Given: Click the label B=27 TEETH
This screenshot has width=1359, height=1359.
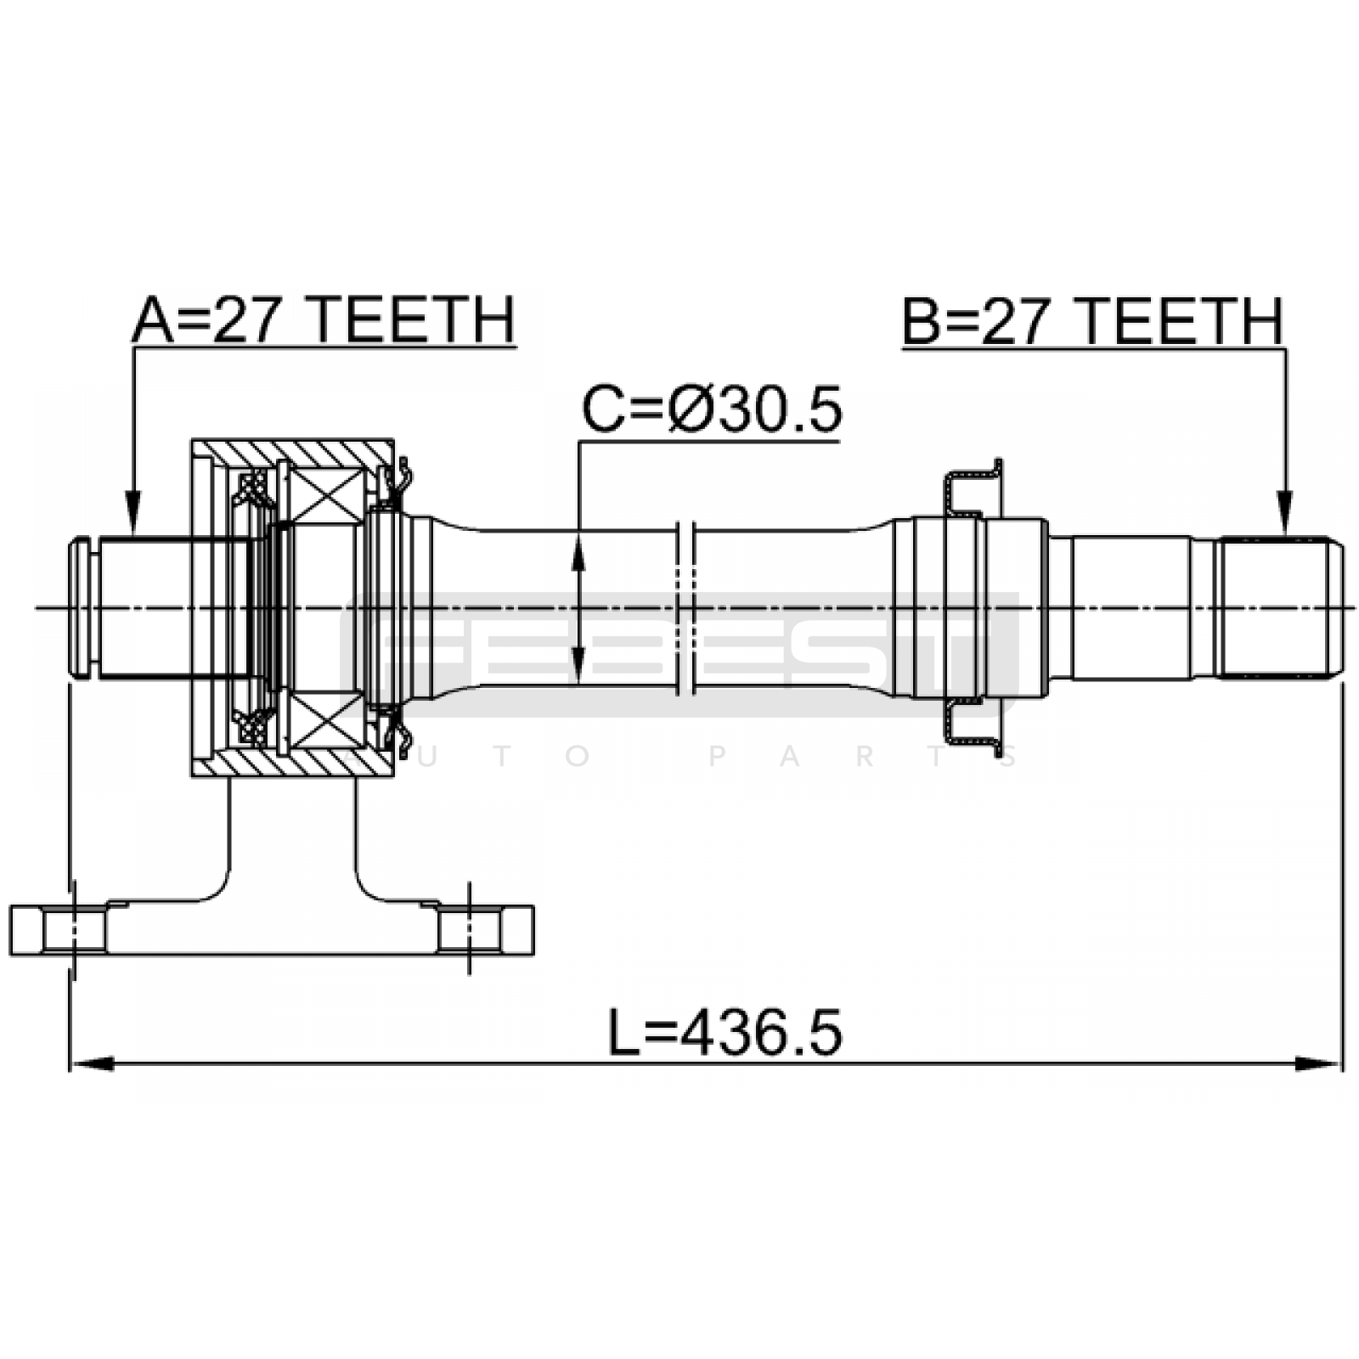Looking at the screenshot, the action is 1092,321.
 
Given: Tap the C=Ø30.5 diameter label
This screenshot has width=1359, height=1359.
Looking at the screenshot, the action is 712,409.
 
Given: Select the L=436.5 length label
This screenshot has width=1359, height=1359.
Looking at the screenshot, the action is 725,1033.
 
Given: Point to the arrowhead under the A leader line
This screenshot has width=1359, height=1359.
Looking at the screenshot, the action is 133,513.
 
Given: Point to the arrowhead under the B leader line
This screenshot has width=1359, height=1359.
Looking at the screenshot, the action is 1284,513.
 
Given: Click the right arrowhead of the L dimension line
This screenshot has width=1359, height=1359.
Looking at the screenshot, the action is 1320,1063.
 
